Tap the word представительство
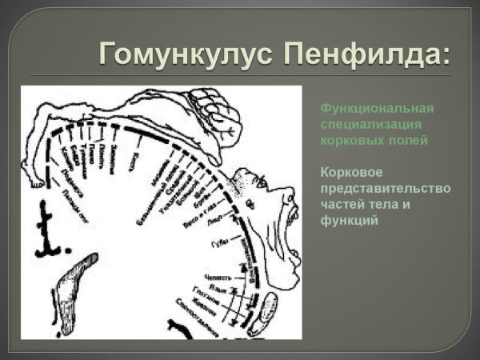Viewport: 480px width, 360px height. [x=385, y=187]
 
